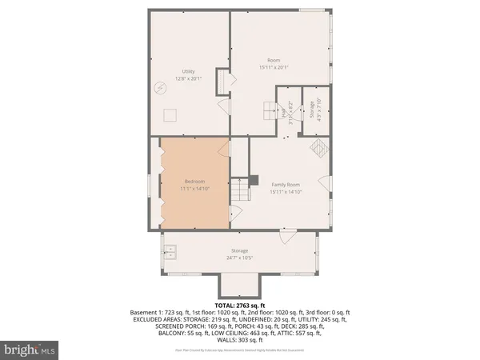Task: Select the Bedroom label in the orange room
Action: click(194, 182)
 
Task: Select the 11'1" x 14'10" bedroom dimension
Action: click(194, 190)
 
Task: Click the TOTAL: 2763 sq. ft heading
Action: click(239, 306)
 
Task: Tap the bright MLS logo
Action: click(30, 349)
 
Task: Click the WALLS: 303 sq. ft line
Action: click(240, 341)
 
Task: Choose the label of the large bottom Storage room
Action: click(240, 251)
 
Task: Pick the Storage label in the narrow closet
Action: click(302, 107)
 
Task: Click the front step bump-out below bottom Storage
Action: click(239, 284)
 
